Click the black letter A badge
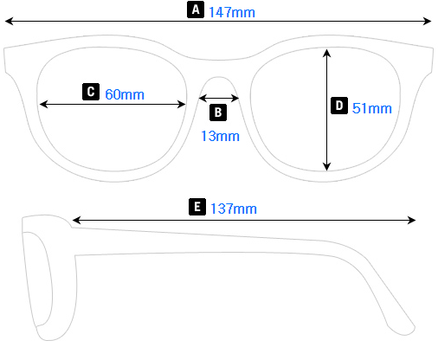tap(196, 10)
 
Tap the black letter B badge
tap(218, 112)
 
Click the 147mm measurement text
tap(232, 11)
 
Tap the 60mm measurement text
tap(125, 93)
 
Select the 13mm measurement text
tap(220, 135)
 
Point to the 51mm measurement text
tap(372, 108)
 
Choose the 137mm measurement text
tap(234, 209)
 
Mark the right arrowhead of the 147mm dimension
tap(428, 22)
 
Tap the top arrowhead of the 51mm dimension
tap(326, 52)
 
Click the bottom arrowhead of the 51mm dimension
tap(326, 167)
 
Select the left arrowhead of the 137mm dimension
tap(76, 221)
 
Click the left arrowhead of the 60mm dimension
tap(42, 104)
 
